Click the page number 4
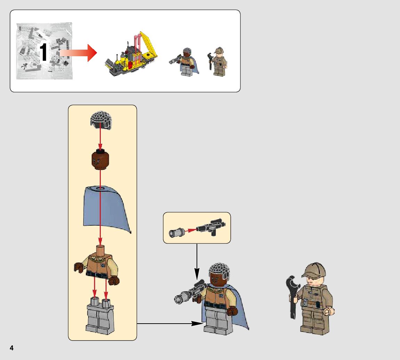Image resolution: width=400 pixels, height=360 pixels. (x=11, y=348)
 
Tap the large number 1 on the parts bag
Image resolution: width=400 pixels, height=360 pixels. (x=43, y=53)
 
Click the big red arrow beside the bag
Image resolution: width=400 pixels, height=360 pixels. (x=78, y=53)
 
